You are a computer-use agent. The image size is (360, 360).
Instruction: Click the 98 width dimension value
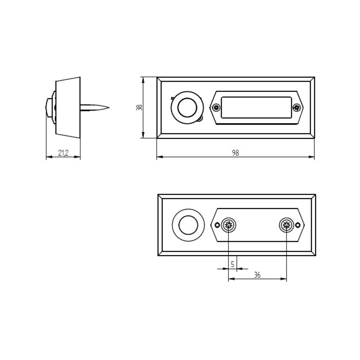click(x=235, y=153)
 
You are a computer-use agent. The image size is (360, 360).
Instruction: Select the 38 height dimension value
click(x=139, y=107)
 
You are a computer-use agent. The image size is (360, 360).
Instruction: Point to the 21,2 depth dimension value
click(x=63, y=153)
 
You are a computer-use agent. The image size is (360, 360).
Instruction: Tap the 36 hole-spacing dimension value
click(x=257, y=275)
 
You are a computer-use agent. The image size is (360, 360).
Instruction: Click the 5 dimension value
click(x=232, y=264)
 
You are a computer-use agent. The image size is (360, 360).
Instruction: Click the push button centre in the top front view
click(x=187, y=108)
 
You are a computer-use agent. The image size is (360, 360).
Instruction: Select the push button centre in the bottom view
click(x=188, y=225)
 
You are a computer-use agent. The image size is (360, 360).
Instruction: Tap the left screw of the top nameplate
click(x=216, y=107)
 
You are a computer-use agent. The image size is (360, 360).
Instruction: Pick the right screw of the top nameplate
click(x=297, y=107)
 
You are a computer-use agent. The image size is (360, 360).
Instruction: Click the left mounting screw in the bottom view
click(x=229, y=225)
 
